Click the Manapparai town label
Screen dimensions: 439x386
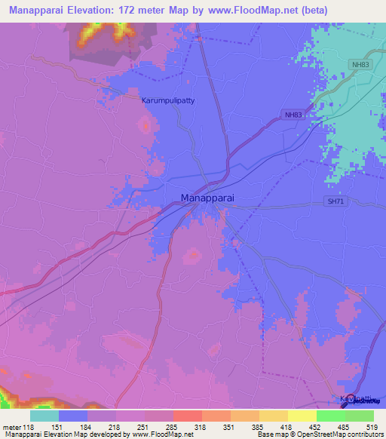(x=207, y=198)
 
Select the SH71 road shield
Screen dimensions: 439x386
(x=335, y=201)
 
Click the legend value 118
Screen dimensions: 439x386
(x=29, y=426)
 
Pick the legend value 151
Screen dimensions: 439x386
(x=58, y=426)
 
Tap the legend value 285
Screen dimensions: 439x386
(x=173, y=426)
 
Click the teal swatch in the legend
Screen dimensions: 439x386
(x=44, y=416)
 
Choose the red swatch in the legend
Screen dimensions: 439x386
(x=187, y=416)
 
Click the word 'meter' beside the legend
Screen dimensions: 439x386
(x=11, y=426)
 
